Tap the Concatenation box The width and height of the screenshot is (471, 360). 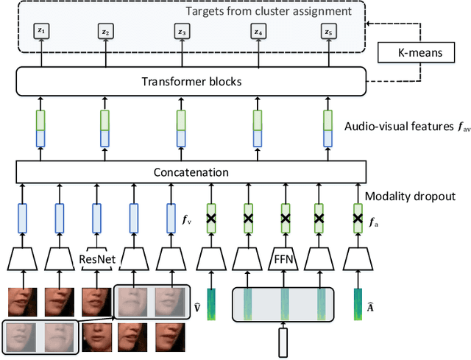190,172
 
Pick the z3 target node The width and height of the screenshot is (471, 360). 181,32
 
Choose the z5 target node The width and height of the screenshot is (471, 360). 327,32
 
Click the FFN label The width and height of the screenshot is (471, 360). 284,259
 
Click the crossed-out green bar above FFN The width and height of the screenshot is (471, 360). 284,218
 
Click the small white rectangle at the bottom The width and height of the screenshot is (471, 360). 284,341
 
